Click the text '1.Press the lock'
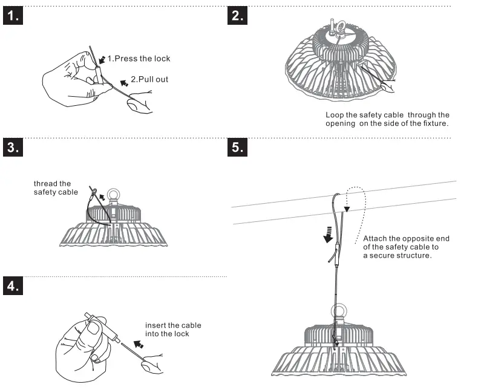pyautogui.click(x=139, y=59)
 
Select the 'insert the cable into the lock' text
pyautogui.click(x=173, y=330)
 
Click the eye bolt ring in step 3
pyautogui.click(x=111, y=195)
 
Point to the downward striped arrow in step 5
pyautogui.click(x=329, y=233)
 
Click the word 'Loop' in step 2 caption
pyautogui.click(x=335, y=115)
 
